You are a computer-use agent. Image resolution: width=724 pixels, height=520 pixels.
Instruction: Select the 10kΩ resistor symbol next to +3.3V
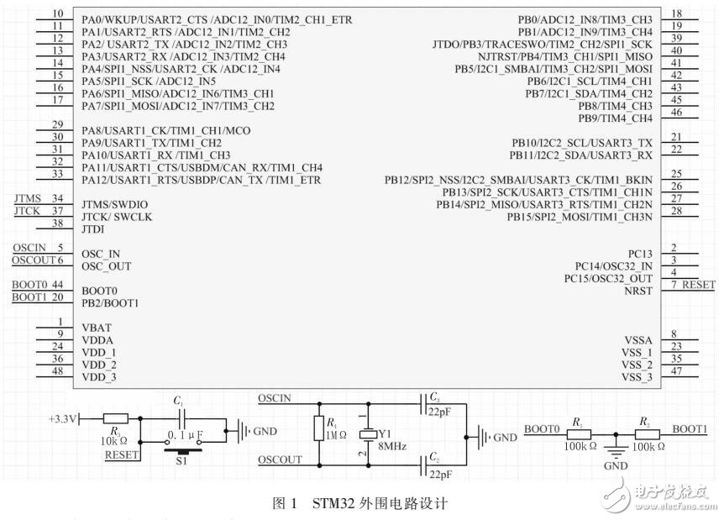(x=115, y=418)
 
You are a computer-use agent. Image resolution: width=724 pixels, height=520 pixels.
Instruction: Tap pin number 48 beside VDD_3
(x=57, y=371)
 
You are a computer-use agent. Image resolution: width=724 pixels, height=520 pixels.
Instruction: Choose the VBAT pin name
(x=97, y=328)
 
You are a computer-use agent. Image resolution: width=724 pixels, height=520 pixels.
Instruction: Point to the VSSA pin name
(x=637, y=339)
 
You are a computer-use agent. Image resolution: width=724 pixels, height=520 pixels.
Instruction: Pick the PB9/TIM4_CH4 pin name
(x=615, y=118)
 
